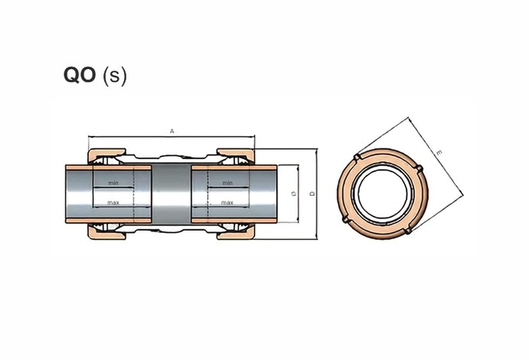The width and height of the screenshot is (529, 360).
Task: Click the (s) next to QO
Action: click(115, 76)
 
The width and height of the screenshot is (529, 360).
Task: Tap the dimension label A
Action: click(172, 131)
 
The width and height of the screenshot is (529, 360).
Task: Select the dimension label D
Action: click(312, 194)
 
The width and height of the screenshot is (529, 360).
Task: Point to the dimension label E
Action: click(439, 153)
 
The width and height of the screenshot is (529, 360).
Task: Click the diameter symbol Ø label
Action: click(294, 194)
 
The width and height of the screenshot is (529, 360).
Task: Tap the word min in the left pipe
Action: click(113, 183)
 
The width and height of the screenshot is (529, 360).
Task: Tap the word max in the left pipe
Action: click(113, 202)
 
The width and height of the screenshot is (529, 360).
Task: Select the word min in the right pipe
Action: click(227, 183)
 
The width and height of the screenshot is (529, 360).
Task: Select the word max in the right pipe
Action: click(227, 202)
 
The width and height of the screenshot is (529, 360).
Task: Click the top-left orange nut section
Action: click(107, 155)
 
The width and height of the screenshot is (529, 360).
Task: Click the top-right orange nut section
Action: click(235, 155)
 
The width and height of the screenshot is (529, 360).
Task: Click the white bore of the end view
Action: click(383, 194)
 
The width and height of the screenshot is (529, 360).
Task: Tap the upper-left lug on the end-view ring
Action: click(357, 157)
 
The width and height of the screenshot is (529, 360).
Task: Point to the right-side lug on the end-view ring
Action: click(419, 168)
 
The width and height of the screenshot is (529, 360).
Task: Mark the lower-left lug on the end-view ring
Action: click(345, 219)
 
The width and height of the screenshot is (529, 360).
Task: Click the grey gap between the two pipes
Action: click(172, 194)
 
